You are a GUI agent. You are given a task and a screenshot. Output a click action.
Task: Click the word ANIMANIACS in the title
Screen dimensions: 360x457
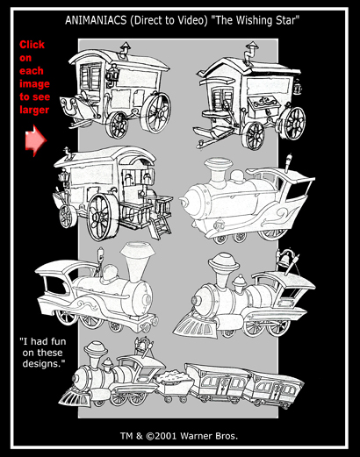(x=96, y=20)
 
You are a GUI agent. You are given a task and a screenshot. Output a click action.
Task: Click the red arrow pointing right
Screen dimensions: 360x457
(x=36, y=140)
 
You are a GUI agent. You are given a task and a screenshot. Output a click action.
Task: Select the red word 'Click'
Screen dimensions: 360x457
(x=32, y=45)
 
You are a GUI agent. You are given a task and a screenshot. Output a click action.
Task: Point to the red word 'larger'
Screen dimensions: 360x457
(x=34, y=110)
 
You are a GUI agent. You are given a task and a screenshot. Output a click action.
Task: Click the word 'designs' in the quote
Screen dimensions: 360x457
(x=42, y=364)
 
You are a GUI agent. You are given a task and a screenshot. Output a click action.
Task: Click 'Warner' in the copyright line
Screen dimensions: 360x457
(x=198, y=436)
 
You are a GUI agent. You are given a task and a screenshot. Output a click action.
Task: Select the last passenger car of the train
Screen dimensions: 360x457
(x=275, y=389)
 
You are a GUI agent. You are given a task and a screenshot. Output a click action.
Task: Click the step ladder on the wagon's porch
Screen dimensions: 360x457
(x=160, y=227)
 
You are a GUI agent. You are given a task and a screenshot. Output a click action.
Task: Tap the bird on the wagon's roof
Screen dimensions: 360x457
(x=68, y=154)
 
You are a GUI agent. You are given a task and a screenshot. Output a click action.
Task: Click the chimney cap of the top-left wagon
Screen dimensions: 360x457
(x=126, y=46)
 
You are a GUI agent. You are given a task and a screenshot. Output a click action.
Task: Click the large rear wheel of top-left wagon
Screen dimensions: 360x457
(x=155, y=113)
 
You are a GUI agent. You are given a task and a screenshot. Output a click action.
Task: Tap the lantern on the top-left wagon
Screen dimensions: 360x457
(x=112, y=74)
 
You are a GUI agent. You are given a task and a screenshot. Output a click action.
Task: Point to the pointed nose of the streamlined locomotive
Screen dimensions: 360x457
(x=183, y=201)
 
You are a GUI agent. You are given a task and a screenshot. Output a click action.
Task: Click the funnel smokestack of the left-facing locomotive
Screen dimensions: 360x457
(x=137, y=261)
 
